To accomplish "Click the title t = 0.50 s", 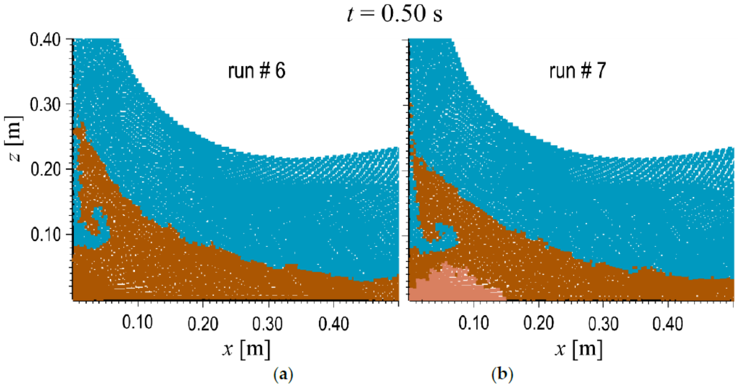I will pos(395,14).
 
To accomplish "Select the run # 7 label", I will pos(577,71).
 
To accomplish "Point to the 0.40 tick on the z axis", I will pos(45,40).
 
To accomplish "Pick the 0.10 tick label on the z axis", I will pos(45,235).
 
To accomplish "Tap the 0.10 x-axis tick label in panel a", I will pos(137,323).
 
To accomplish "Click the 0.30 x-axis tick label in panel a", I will pos(267,324).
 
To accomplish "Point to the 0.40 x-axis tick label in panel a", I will pos(333,324).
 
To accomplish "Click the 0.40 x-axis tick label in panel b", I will pos(668,324).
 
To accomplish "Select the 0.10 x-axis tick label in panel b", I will pos(473,323).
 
